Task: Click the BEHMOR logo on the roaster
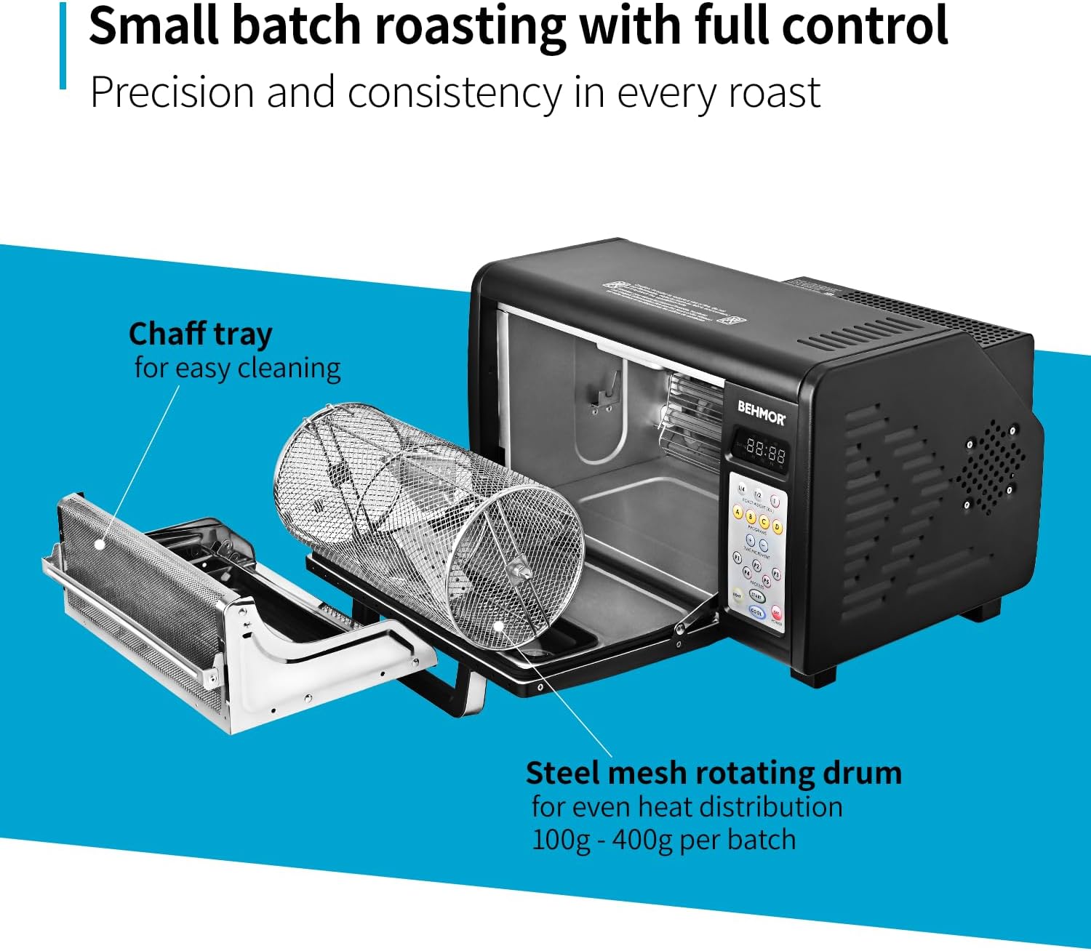point(761,412)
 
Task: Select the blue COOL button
point(756,612)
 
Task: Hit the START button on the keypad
point(756,596)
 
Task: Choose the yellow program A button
point(738,513)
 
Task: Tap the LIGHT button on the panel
point(737,595)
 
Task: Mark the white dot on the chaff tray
point(100,542)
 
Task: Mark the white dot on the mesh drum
point(497,625)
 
